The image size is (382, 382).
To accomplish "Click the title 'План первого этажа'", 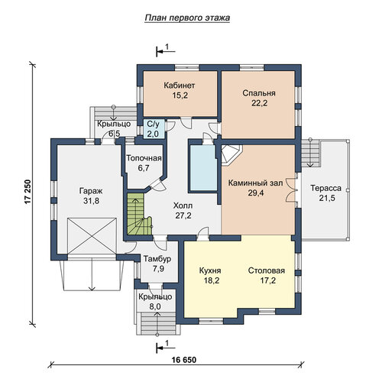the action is click(x=187, y=18).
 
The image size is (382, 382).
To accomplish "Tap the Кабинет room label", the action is click(x=180, y=85).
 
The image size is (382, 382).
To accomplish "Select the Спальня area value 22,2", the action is click(x=260, y=103).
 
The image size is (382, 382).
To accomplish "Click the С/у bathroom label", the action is click(x=153, y=125).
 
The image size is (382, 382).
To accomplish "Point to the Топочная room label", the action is click(x=144, y=158).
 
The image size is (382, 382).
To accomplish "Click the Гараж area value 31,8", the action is click(x=92, y=201).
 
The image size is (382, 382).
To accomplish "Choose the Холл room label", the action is click(x=183, y=206).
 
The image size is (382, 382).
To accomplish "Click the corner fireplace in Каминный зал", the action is click(x=231, y=155).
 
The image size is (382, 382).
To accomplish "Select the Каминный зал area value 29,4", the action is click(x=256, y=193).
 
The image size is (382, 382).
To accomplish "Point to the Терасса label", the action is click(x=325, y=188).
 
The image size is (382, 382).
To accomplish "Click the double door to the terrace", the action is click(x=293, y=189).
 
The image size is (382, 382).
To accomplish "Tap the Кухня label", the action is click(x=210, y=270).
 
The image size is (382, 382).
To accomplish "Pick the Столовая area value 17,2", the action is click(x=268, y=280).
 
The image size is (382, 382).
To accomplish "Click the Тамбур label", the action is click(x=157, y=260).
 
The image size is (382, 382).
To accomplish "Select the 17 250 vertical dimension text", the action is click(x=28, y=192).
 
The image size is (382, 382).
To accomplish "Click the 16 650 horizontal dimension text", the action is click(x=184, y=360).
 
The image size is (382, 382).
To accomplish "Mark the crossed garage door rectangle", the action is click(x=92, y=236).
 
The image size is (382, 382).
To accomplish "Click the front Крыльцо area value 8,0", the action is click(x=155, y=306).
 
